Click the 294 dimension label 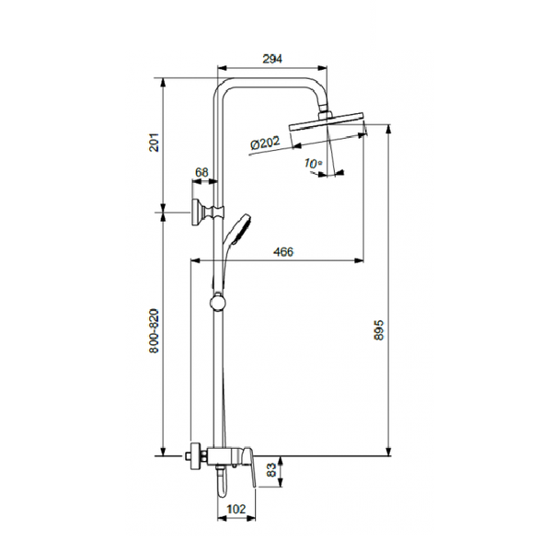click(272, 59)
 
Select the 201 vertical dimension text click(155, 143)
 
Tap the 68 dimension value click(201, 173)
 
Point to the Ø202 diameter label click(266, 143)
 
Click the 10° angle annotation click(313, 164)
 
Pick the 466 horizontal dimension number click(283, 252)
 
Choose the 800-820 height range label click(155, 331)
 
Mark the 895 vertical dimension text click(379, 330)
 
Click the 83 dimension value click(271, 470)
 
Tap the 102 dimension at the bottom click(236, 509)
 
